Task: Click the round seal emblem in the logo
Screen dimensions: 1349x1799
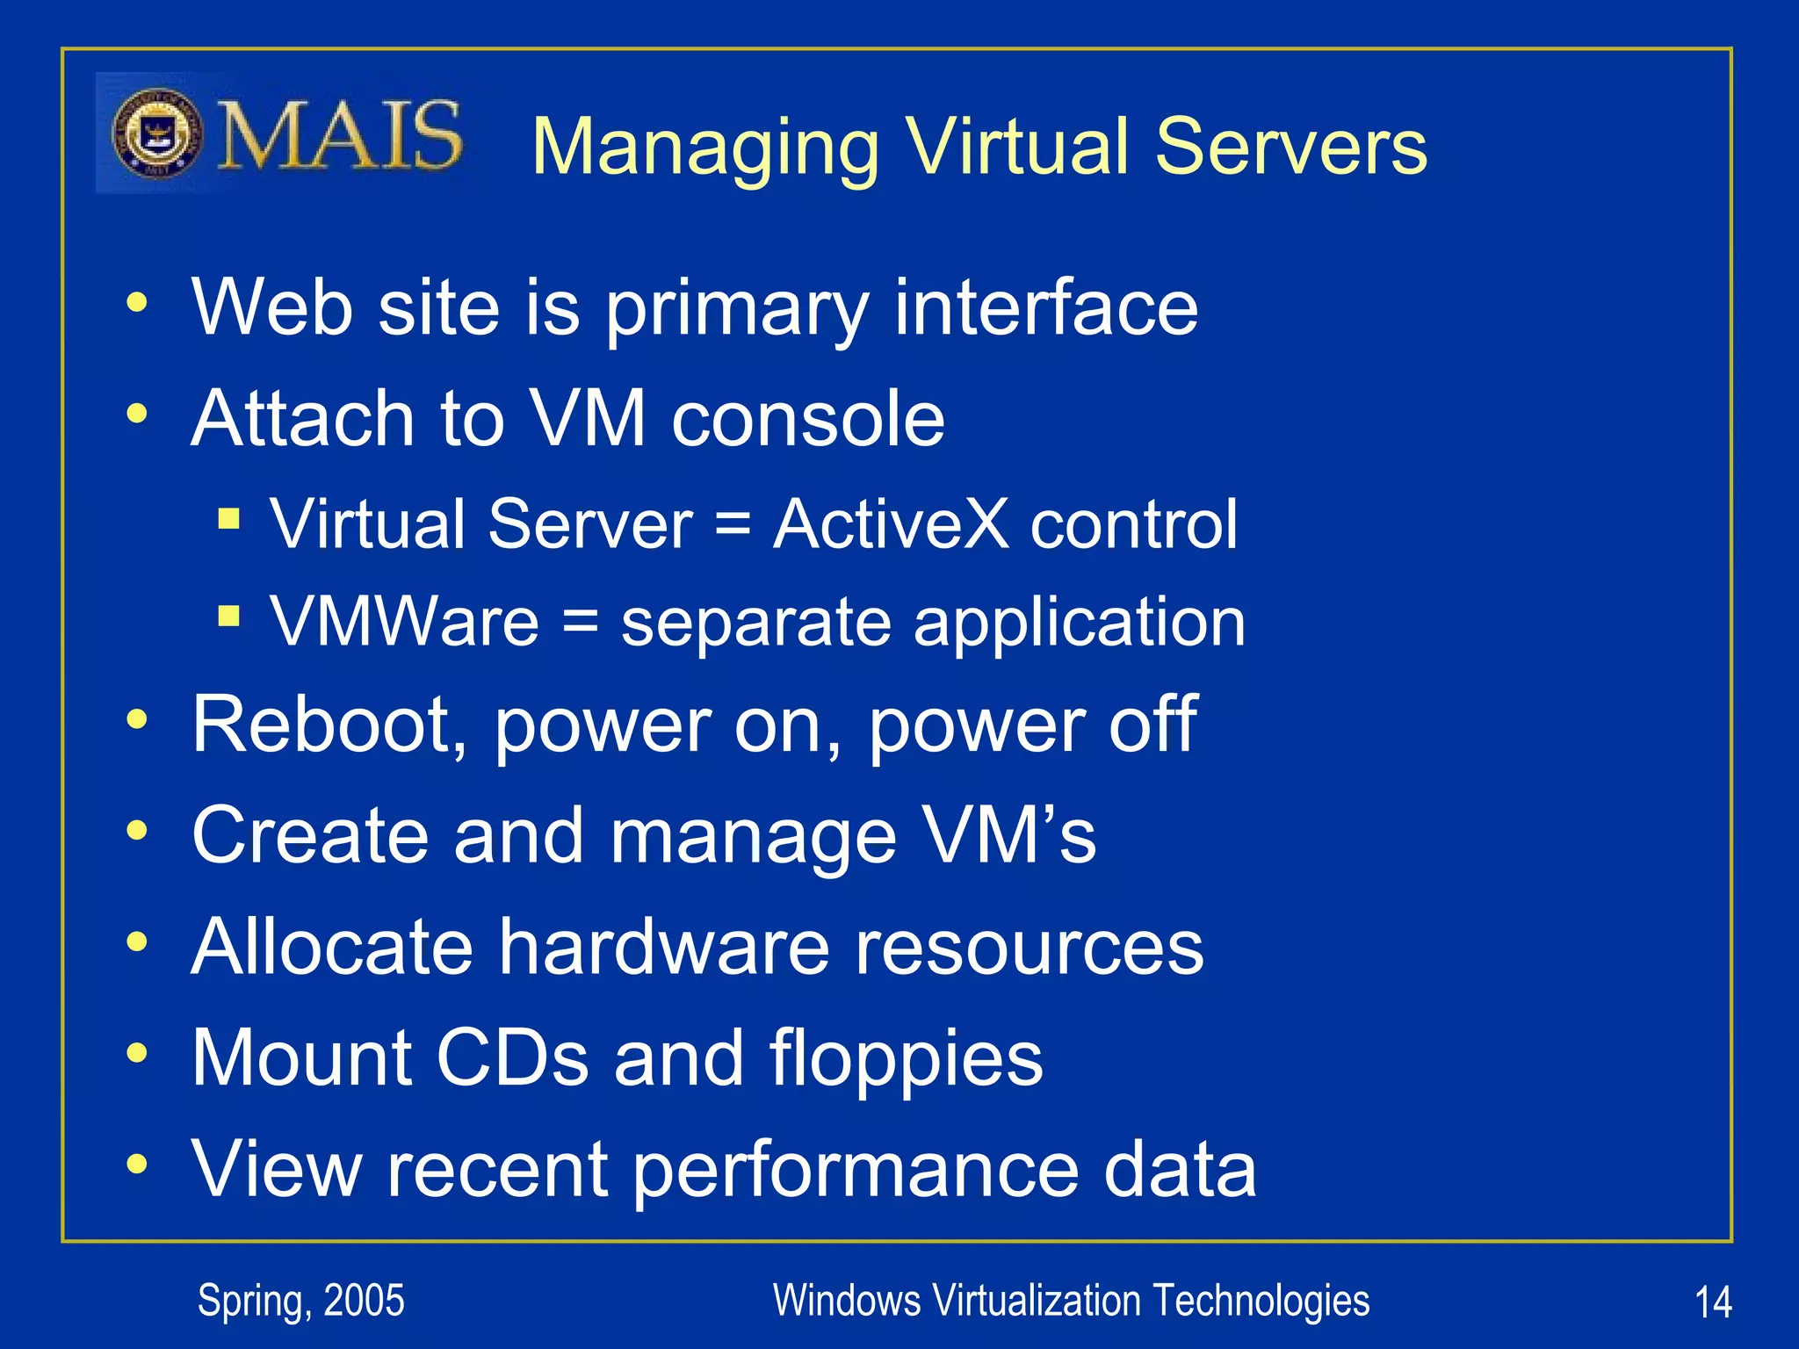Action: tap(158, 134)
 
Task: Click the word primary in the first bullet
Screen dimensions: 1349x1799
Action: tap(737, 308)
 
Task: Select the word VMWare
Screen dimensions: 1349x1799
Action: tap(404, 621)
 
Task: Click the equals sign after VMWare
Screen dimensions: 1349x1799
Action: tap(580, 623)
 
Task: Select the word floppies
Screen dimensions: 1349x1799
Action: tap(906, 1058)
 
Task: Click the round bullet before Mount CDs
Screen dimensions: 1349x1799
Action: tap(136, 1052)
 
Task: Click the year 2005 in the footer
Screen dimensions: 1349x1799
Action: tap(364, 1301)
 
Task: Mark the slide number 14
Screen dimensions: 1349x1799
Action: tap(1712, 1302)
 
